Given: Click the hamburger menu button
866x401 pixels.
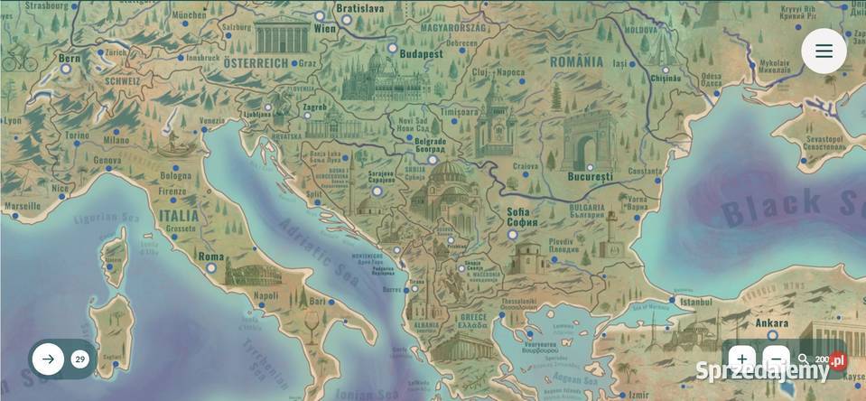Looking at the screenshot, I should [x=824, y=51].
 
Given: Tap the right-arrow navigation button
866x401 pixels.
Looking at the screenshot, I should [x=48, y=359].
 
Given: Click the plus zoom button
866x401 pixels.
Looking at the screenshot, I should [x=742, y=359].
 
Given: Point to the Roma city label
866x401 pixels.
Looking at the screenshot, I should [x=210, y=256].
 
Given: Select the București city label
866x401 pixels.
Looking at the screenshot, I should [x=591, y=176].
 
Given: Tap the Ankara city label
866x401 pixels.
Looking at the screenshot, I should [x=746, y=323].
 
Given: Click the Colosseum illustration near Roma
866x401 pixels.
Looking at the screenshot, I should [x=253, y=272].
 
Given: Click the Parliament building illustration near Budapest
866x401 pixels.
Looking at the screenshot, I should [x=384, y=79].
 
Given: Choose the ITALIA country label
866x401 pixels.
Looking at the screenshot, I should [x=179, y=217].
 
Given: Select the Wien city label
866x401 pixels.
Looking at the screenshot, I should [x=324, y=29].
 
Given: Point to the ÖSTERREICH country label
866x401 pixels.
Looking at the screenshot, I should [x=256, y=63].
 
